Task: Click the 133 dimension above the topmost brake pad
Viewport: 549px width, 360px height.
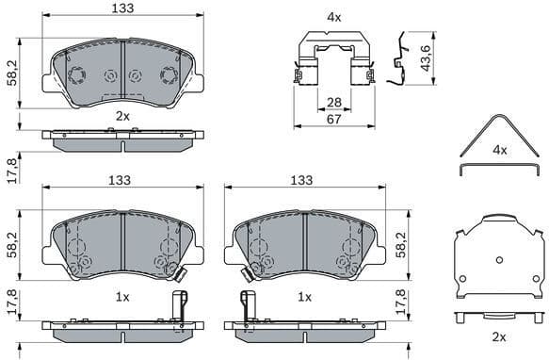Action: tap(123, 8)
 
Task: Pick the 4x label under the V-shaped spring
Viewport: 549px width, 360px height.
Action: tap(499, 150)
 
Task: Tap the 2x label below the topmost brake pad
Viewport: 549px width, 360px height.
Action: tap(122, 116)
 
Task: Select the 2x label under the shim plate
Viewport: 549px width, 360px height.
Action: tap(499, 336)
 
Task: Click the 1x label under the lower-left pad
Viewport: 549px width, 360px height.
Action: tap(122, 296)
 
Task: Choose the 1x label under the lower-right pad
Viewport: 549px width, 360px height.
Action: tap(304, 296)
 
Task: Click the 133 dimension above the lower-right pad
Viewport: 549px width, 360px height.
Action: tap(301, 180)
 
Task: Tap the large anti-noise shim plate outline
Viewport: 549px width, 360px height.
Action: tap(498, 257)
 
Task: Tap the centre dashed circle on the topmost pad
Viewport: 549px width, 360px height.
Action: tap(111, 76)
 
